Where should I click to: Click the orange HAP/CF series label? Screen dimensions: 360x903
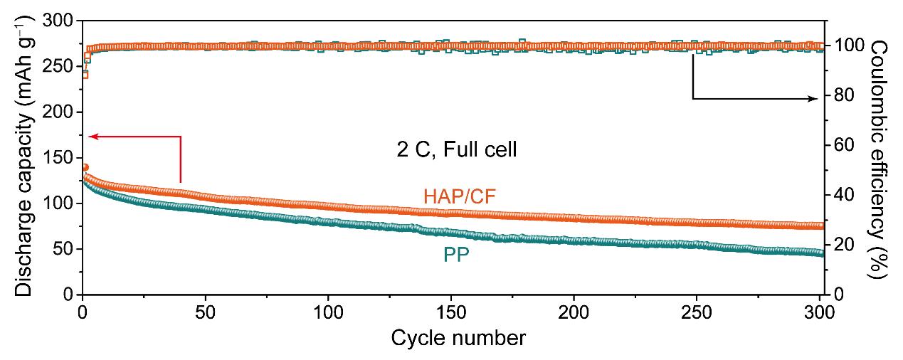pos(455,196)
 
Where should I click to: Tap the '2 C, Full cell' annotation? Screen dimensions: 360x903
pos(456,150)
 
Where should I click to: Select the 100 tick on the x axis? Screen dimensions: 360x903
pos(328,312)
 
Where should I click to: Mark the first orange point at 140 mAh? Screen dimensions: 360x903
pos(85,167)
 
